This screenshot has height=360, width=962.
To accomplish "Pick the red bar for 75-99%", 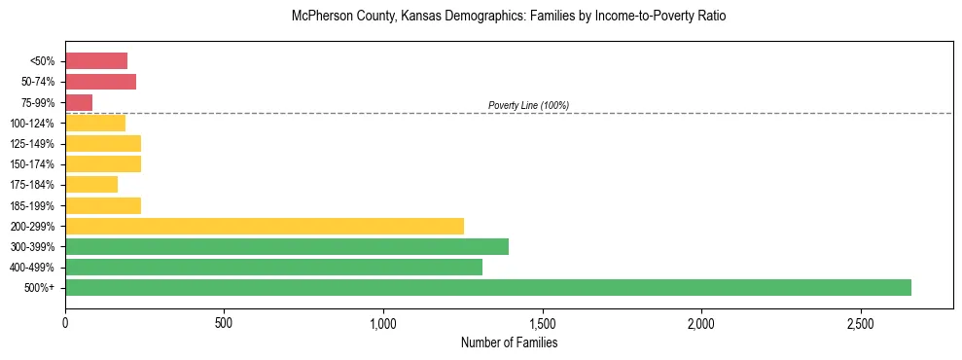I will click(79, 102).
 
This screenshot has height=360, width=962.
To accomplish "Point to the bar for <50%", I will click(96, 61).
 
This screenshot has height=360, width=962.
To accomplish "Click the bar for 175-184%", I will click(91, 184).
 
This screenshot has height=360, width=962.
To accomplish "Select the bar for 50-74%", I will click(100, 82).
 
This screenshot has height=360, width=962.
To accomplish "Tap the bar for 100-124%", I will click(95, 123).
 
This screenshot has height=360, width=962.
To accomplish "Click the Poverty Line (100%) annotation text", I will click(528, 105).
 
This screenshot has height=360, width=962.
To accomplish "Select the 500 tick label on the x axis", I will click(224, 322).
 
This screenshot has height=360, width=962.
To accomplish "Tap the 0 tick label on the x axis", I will click(65, 322).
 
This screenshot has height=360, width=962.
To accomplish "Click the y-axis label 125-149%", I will click(33, 144).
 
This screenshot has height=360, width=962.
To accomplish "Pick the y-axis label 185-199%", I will click(33, 205).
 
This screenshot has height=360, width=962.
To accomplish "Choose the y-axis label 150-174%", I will click(33, 164).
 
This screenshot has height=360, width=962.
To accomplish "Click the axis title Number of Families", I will click(509, 342).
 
